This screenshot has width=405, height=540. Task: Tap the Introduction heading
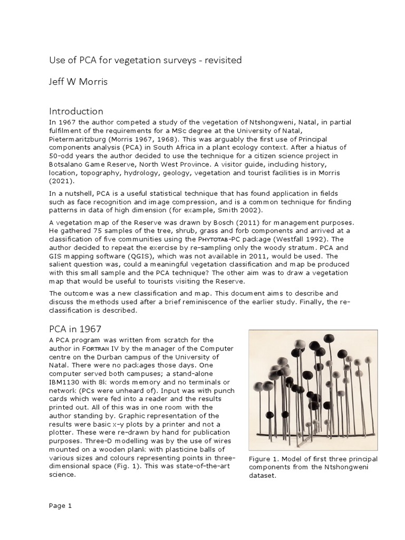76,111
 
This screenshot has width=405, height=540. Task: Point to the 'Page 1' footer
60,506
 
